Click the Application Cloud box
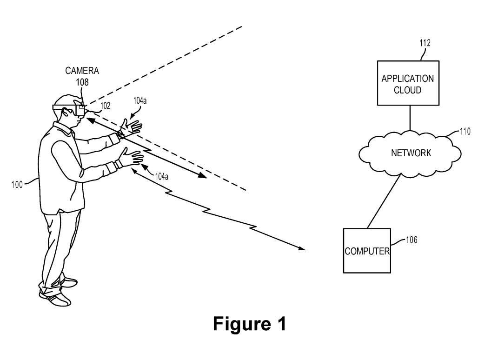[x=408, y=83]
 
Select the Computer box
[x=367, y=251]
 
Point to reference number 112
[x=425, y=43]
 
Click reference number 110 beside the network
[x=465, y=131]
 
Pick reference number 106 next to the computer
[x=411, y=240]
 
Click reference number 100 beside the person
[x=17, y=185]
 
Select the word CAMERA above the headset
[x=82, y=71]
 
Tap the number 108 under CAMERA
[x=82, y=82]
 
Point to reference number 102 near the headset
[x=105, y=106]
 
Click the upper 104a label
[x=139, y=100]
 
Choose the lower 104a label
[x=162, y=177]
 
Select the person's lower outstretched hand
[x=132, y=157]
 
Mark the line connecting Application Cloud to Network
[x=410, y=118]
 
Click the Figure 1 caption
[x=250, y=324]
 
